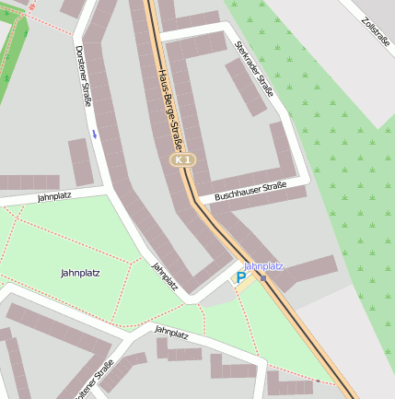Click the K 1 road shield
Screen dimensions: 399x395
click(182, 160)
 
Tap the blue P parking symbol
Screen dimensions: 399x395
click(241, 277)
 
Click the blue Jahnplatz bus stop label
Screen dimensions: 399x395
click(263, 266)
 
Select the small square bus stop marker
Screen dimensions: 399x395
click(263, 278)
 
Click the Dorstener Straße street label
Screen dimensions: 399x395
click(84, 76)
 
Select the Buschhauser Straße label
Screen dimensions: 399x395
click(250, 192)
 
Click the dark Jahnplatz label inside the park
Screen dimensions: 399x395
click(80, 273)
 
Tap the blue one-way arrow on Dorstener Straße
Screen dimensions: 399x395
click(93, 135)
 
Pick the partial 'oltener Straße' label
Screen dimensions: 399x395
click(95, 379)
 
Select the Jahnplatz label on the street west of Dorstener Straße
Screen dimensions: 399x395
click(54, 196)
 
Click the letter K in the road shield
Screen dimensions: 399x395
click(178, 160)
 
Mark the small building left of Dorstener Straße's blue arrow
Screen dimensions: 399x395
click(79, 160)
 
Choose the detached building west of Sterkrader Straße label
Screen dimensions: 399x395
click(245, 88)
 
